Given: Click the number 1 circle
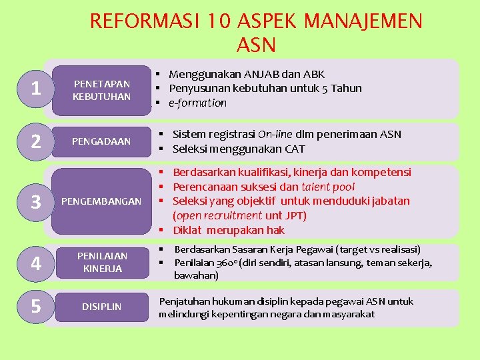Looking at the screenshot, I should point(37,89).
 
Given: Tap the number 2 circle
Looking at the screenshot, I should point(37,141).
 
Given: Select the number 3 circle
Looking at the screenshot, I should point(37,202).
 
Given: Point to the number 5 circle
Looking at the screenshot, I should point(37,307).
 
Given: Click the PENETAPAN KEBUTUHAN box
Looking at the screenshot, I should point(102,90).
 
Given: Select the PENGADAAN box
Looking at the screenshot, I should point(102,141).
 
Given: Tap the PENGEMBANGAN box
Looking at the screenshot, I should point(102,201).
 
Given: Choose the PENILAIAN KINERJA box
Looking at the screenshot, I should point(102,262).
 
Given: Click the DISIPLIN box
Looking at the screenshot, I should point(102,307).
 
